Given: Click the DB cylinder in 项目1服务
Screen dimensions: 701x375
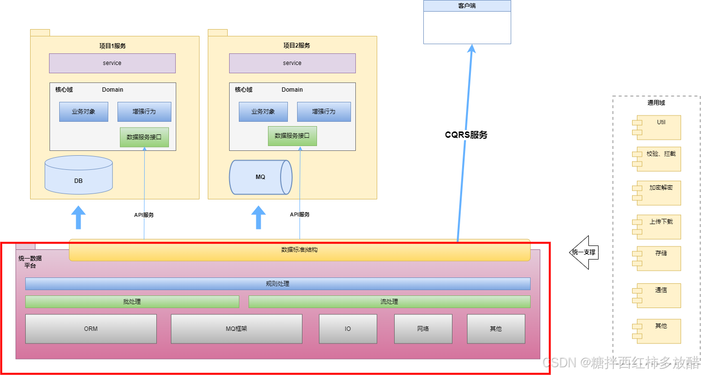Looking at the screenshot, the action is point(79,175).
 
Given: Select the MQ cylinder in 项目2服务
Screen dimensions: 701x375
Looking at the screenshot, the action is point(261,178).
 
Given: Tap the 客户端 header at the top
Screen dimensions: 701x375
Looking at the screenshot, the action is point(467,6).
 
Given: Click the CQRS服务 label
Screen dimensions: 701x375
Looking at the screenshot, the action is point(466,135).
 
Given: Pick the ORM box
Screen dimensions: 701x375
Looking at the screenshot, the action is point(91,329).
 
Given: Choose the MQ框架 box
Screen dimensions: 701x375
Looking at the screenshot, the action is point(236,329).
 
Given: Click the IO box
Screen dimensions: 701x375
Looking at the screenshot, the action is point(348,329).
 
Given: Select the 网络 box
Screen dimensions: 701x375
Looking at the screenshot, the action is point(423,329).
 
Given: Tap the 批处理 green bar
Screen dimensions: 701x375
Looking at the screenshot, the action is point(132,301).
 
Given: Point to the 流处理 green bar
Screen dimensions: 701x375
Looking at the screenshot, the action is point(389,301).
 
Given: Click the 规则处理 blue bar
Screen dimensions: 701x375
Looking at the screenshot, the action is point(278,284).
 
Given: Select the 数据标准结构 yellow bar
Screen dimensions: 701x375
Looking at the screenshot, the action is point(300,250).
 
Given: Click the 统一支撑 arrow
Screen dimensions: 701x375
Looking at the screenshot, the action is point(584,252).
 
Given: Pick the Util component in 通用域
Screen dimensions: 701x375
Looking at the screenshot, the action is point(656,128).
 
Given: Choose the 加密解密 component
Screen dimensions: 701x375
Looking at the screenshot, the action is point(656,193).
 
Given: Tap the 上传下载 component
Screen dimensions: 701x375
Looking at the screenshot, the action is point(656,227).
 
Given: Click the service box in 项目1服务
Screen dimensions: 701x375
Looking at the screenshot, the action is point(112,63).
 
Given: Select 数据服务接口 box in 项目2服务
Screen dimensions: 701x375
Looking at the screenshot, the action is point(292,136).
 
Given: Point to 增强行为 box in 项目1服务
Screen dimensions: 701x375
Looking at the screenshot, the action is point(144,112).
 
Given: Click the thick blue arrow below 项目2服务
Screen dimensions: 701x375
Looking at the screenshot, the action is point(258,217).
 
